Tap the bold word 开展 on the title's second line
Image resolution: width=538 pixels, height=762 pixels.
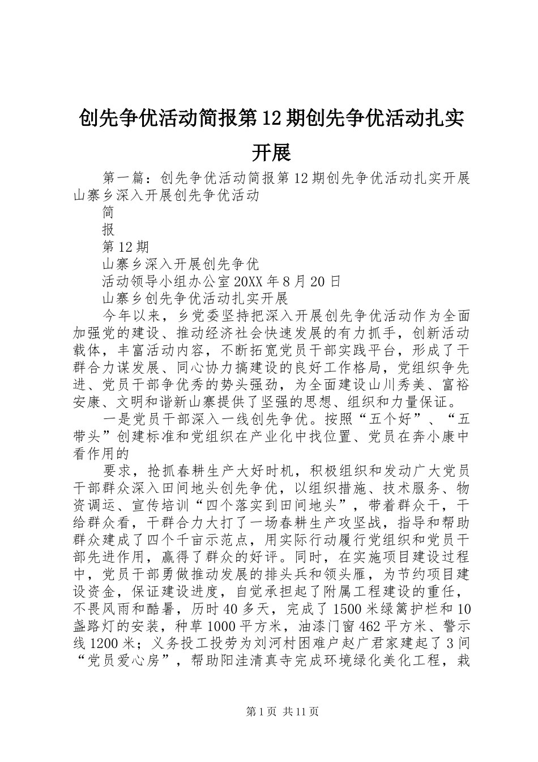pyautogui.click(x=270, y=152)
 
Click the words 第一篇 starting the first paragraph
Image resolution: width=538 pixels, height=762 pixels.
pyautogui.click(x=126, y=179)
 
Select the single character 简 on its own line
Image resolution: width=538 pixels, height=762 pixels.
pyautogui.click(x=109, y=213)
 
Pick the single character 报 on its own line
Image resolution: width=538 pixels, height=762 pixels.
pyautogui.click(x=109, y=230)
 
